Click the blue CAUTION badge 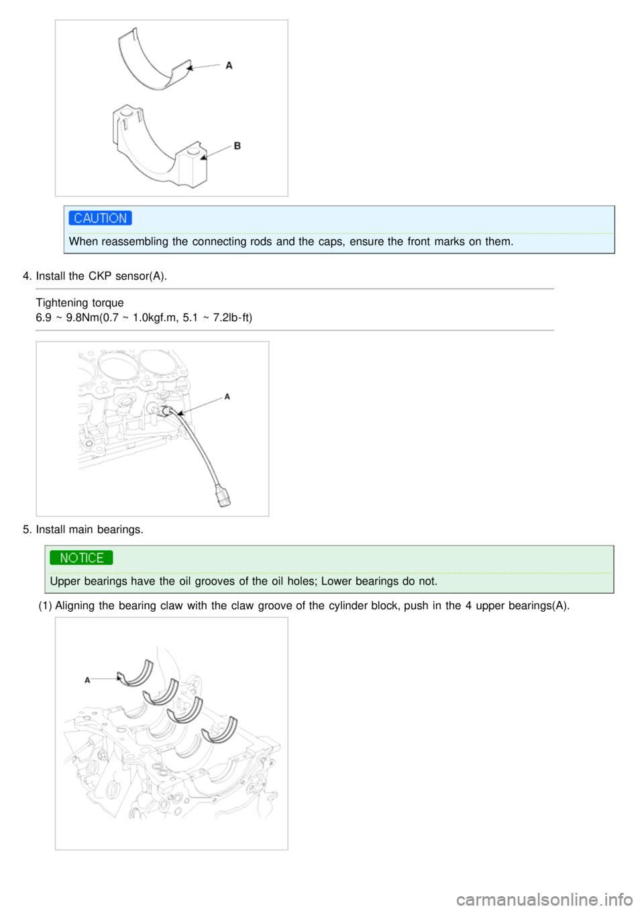pyautogui.click(x=100, y=218)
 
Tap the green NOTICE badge pyautogui.click(x=81, y=558)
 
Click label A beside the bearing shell pyautogui.click(x=229, y=66)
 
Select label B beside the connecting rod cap pyautogui.click(x=237, y=146)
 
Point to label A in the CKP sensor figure pyautogui.click(x=227, y=396)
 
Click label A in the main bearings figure pyautogui.click(x=87, y=680)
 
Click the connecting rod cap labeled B pyautogui.click(x=161, y=148)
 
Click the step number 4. pyautogui.click(x=27, y=276)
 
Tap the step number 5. pyautogui.click(x=27, y=529)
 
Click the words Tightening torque pyautogui.click(x=80, y=303)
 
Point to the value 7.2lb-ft pyautogui.click(x=232, y=317)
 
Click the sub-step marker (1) pyautogui.click(x=45, y=606)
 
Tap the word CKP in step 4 pyautogui.click(x=99, y=276)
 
